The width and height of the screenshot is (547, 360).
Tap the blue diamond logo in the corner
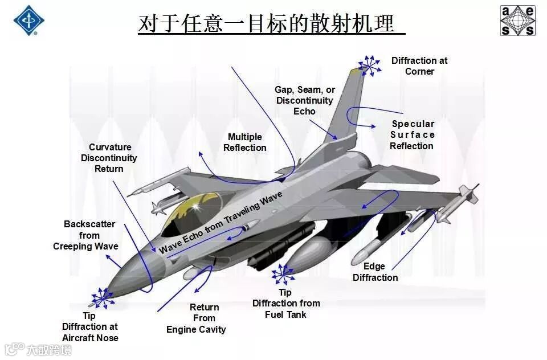[x=29, y=21]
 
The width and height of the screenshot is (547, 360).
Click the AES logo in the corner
[x=518, y=21]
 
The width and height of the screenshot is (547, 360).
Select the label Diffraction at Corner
[x=419, y=66]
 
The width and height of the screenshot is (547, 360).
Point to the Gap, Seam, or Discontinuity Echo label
[x=305, y=100]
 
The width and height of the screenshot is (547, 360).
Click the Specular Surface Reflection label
[x=413, y=135]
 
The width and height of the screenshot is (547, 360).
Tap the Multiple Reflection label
[x=245, y=142]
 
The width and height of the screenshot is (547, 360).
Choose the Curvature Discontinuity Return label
[x=109, y=158]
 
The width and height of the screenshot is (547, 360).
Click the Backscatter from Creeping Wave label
[x=86, y=235]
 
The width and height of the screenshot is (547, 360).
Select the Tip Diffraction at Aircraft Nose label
[x=90, y=327]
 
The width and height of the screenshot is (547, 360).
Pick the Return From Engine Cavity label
[x=196, y=318]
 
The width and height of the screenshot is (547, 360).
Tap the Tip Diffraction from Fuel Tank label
[x=286, y=304]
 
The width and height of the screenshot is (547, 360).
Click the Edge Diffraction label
[x=375, y=272]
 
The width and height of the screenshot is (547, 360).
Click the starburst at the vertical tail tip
[x=369, y=66]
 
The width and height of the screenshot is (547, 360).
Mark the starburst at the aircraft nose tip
[x=103, y=297]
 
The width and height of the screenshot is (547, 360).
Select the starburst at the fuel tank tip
[x=283, y=275]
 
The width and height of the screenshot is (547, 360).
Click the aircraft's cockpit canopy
[x=188, y=214]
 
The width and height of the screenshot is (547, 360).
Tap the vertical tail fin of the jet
[x=345, y=108]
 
